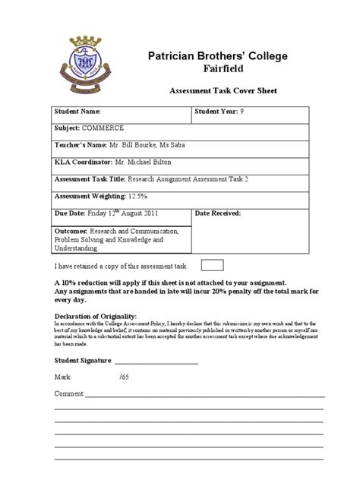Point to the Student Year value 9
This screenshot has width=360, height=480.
[x=243, y=112]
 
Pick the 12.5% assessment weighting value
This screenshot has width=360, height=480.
[x=140, y=196]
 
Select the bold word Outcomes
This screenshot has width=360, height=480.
[x=71, y=231]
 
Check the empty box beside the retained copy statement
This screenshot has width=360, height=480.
[x=212, y=265]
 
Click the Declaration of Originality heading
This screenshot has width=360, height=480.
[x=96, y=315]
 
